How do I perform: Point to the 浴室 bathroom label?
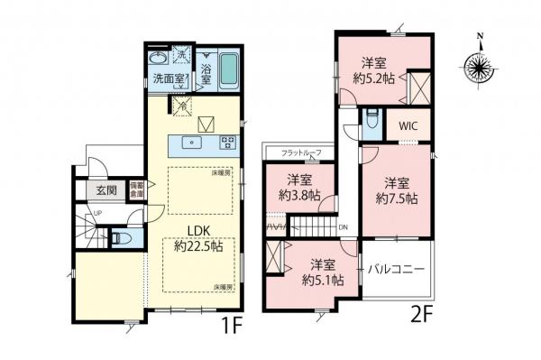[x=206, y=74]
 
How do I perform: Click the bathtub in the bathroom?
[x=228, y=68]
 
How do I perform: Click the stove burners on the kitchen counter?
[x=227, y=142]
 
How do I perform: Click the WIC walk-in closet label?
[x=409, y=127]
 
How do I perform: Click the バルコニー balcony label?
[x=396, y=270]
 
